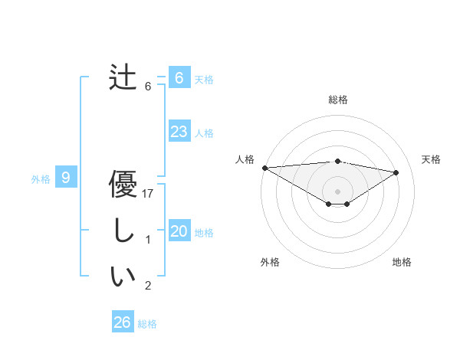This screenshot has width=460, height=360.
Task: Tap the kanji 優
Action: (x=123, y=186)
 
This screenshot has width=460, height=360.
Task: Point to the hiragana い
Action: (x=123, y=277)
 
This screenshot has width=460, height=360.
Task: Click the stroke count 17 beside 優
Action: (x=149, y=195)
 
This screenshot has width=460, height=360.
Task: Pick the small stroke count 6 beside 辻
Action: (x=148, y=87)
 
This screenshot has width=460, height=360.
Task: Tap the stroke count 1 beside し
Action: (x=148, y=241)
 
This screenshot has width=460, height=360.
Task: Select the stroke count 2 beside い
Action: (x=148, y=286)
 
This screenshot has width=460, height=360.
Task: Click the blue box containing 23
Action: (x=179, y=132)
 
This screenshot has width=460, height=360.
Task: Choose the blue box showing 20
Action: (x=179, y=231)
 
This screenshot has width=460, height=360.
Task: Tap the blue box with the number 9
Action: (x=66, y=178)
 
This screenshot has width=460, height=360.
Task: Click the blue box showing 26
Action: (x=122, y=322)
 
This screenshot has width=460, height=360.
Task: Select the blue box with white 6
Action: (x=179, y=78)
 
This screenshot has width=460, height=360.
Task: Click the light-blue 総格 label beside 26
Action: (x=147, y=324)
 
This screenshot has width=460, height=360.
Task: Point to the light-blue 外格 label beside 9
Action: (x=41, y=179)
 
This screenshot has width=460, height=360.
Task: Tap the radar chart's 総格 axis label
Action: (x=338, y=100)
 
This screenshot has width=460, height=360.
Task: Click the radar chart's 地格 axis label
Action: (x=402, y=262)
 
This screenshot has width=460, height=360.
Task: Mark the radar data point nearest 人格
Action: (x=264, y=168)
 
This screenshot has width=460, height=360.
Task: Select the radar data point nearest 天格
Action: (x=396, y=172)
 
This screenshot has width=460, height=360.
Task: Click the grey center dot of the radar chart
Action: (x=337, y=190)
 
